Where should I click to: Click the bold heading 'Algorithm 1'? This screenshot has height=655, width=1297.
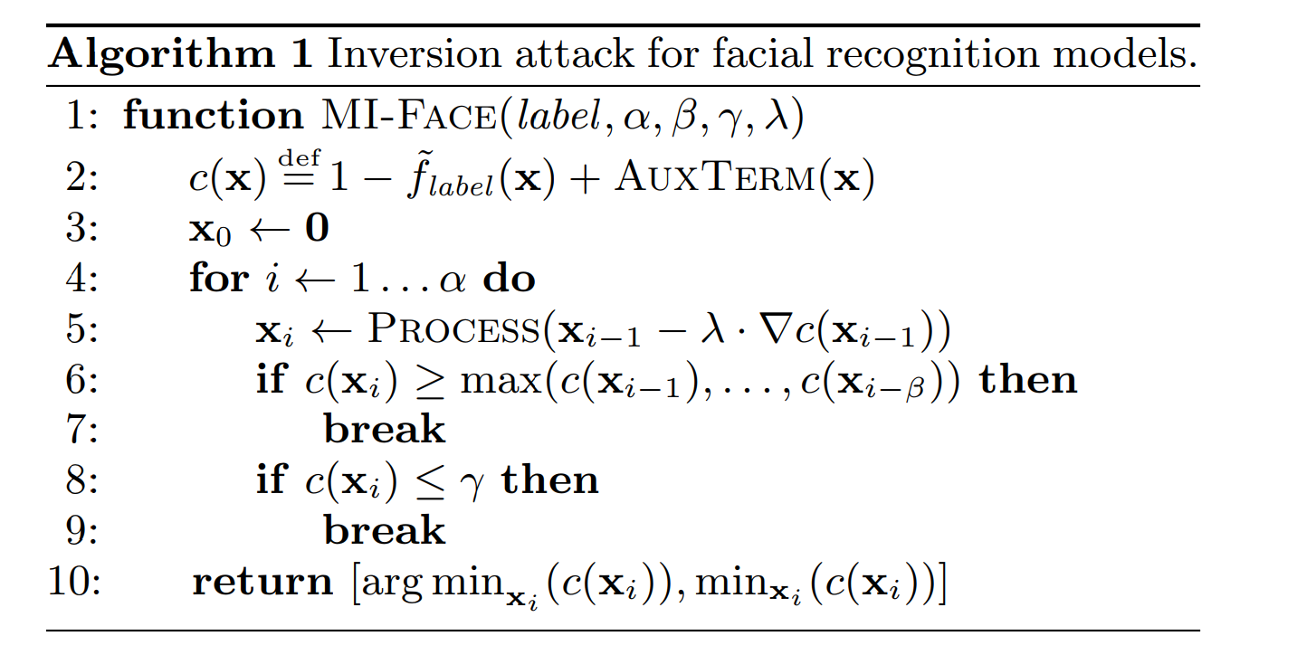coord(180,53)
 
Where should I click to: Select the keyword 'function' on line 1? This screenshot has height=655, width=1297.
coord(213,116)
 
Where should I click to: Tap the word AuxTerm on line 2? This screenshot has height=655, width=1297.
coord(714,179)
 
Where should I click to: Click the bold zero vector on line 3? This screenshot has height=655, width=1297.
coord(316,229)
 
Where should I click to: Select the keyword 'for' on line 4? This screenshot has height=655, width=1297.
coord(217,279)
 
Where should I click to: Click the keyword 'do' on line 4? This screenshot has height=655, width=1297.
coord(509,279)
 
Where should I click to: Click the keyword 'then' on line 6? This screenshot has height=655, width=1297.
coord(1028,379)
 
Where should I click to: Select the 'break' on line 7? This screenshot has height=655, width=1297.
coord(385,429)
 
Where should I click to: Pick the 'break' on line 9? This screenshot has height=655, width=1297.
coord(385,530)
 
